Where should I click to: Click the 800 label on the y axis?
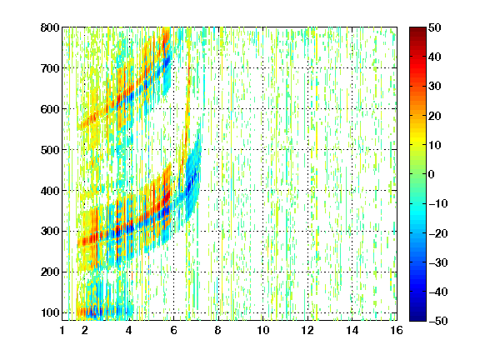50,27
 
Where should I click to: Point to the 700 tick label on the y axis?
50,68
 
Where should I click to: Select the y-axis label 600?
50,109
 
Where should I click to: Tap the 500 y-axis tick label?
50,150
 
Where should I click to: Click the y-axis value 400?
50,191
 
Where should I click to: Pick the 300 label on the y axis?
50,231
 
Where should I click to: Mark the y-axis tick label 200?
50,272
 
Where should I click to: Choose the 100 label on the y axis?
50,312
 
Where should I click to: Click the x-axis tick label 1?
62,330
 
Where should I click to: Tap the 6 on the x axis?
173,330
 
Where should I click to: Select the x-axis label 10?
262,330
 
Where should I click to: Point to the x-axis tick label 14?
352,330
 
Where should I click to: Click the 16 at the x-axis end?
397,330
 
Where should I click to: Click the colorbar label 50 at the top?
434,27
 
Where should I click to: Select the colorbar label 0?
432,174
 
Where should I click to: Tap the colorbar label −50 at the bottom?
438,321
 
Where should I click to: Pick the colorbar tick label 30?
434,86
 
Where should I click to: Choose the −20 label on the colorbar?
438,233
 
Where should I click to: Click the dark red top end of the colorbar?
417,29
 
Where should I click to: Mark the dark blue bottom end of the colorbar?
417,319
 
